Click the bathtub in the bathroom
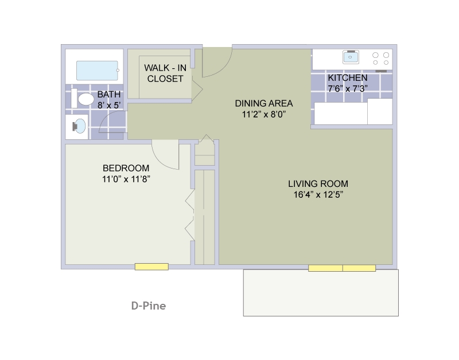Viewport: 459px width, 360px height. tap(98, 71)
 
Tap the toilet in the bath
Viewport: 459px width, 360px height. tap(85, 99)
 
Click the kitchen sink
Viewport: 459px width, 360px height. tap(351, 56)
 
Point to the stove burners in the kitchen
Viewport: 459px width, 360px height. tap(380, 58)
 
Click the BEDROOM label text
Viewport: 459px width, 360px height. tap(126, 168)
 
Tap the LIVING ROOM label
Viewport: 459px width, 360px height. tap(318, 184)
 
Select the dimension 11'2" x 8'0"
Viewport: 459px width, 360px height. tap(263, 114)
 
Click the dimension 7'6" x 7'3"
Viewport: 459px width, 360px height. tap(348, 88)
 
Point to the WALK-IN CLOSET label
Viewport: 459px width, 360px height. tap(165, 73)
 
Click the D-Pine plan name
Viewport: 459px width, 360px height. tap(148, 306)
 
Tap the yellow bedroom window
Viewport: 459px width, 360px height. tap(151, 267)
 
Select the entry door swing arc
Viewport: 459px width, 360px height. tap(217, 63)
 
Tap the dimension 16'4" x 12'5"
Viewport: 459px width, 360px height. tap(318, 194)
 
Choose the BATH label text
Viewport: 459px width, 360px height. tap(108, 95)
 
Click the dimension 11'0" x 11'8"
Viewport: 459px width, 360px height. tap(126, 179)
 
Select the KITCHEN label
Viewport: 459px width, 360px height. tap(348, 78)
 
